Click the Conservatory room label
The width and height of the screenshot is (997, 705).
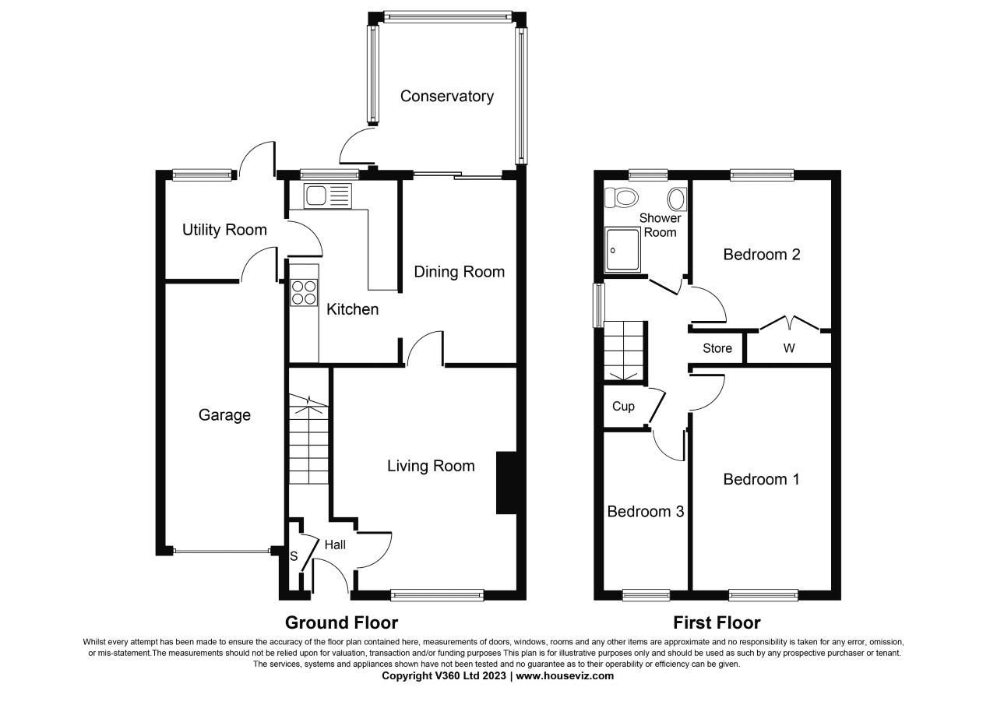[x=446, y=97]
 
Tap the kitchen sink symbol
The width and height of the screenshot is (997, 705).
[x=328, y=196]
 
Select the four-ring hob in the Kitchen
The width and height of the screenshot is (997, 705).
[x=304, y=291]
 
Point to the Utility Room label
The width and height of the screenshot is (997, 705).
[x=224, y=230]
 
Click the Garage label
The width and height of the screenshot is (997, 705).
[x=224, y=415]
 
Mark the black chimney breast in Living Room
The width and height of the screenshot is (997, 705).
[x=506, y=482]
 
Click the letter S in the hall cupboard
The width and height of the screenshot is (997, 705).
[x=294, y=556]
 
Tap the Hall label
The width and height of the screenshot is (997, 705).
[x=335, y=545]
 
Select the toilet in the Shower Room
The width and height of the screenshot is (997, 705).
[x=624, y=197]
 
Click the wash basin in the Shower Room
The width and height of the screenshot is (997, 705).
[x=677, y=200]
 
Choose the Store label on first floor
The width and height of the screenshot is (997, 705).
[x=717, y=348]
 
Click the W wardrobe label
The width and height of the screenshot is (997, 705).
[x=788, y=348]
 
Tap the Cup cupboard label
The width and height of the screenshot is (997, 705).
[x=623, y=406]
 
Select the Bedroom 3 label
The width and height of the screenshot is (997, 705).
[x=645, y=512]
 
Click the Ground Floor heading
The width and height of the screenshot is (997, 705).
[x=341, y=622]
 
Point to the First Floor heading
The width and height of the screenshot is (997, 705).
[x=717, y=622]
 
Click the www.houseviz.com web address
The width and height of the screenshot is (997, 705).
[x=565, y=676]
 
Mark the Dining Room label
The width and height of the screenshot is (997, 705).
[x=459, y=272]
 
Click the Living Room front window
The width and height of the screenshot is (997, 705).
[x=437, y=596]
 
